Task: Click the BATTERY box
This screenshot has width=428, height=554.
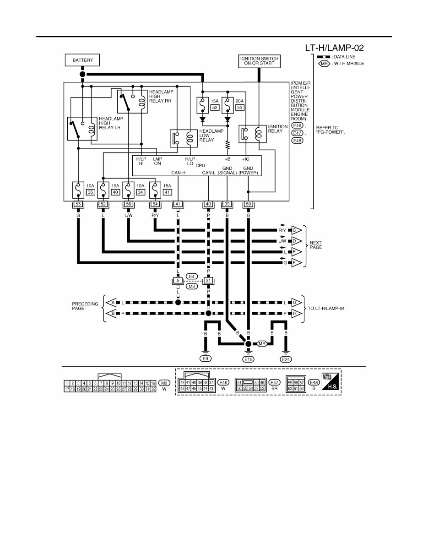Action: click(x=82, y=60)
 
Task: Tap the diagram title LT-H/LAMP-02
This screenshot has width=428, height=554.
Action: click(x=335, y=48)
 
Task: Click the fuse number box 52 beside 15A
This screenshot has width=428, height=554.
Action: click(x=214, y=107)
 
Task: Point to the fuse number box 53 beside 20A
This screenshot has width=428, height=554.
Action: click(x=239, y=107)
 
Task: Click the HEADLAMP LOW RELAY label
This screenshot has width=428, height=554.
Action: click(x=211, y=136)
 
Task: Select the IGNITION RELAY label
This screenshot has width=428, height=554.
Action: click(x=278, y=129)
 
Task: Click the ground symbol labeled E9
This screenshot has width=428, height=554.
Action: click(x=206, y=359)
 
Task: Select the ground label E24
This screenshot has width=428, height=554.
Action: click(x=286, y=359)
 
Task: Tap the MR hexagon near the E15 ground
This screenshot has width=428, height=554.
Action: click(x=262, y=343)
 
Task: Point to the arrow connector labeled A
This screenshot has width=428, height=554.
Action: click(x=111, y=303)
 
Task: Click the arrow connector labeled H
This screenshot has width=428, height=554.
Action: click(x=297, y=313)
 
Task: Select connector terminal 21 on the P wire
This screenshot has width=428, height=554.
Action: click(x=208, y=281)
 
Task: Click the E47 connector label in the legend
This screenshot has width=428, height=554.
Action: click(x=274, y=382)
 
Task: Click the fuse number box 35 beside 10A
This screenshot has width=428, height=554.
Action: click(x=90, y=192)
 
